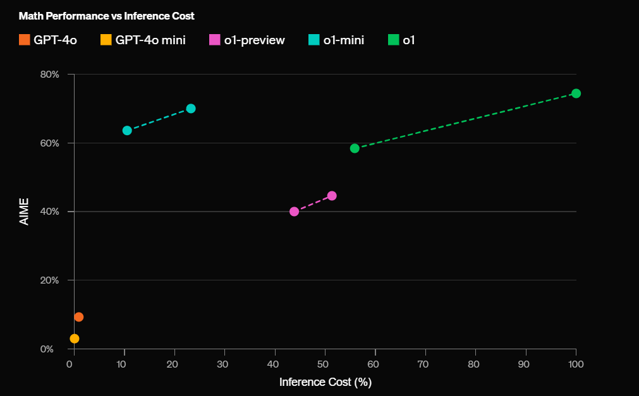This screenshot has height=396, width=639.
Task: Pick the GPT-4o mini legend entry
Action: [143, 40]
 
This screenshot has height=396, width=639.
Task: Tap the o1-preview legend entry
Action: [246, 40]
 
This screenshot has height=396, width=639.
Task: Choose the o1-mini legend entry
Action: [336, 40]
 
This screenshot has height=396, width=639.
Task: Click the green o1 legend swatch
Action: [393, 40]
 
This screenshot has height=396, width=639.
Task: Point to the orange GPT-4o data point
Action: [78, 317]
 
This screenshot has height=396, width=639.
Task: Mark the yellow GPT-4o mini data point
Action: [75, 339]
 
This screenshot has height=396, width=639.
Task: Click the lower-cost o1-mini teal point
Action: [127, 131]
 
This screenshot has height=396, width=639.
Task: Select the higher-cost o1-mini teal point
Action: [191, 109]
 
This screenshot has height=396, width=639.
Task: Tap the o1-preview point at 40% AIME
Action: [294, 212]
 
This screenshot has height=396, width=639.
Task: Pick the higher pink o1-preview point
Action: [332, 196]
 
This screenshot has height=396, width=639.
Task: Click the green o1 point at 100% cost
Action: [576, 93]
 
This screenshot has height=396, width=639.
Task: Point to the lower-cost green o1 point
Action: [355, 148]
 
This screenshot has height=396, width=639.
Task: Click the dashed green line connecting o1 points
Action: [465, 121]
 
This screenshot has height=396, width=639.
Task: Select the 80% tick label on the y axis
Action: [49, 75]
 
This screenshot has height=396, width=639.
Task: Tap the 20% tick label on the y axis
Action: [49, 280]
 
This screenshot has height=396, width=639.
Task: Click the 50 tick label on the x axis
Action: [325, 364]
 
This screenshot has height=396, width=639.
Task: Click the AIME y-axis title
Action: [25, 212]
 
